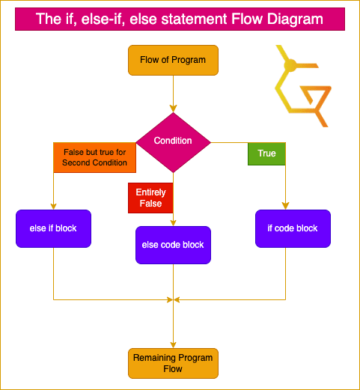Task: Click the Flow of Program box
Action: coord(173,60)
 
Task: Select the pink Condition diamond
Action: coord(173,142)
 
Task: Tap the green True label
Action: coord(266,153)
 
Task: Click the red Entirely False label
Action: coord(150,198)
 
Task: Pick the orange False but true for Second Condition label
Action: coord(94,157)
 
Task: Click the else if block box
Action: coord(53,228)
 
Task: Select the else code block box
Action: coord(173,245)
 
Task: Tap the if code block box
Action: coord(293,228)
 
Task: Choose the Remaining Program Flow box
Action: coord(173,363)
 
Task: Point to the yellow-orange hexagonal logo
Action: coord(303,86)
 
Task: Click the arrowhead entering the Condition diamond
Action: coord(173,109)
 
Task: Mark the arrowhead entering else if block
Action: coord(53,207)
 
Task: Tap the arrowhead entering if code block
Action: coord(285,206)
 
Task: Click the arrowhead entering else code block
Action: coord(173,223)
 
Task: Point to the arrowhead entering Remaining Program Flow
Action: coord(173,345)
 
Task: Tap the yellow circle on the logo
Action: coord(290,65)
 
